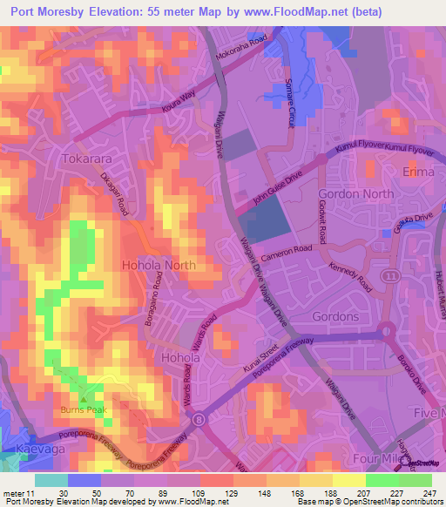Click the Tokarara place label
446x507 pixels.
click(88, 159)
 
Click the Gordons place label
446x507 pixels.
click(334, 316)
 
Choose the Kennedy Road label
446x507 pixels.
click(350, 280)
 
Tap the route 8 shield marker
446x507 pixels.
click(200, 419)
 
